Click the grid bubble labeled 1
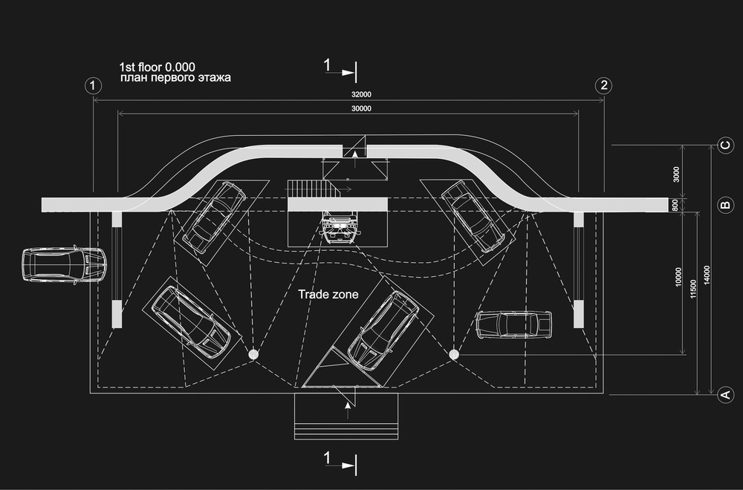pyautogui.click(x=93, y=85)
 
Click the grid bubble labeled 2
pyautogui.click(x=603, y=85)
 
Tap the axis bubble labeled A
pyautogui.click(x=725, y=394)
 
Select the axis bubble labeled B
pyautogui.click(x=725, y=205)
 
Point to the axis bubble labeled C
pyautogui.click(x=725, y=145)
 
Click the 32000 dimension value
pyautogui.click(x=361, y=94)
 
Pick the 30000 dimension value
pyautogui.click(x=361, y=108)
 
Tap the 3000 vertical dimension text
pyautogui.click(x=676, y=174)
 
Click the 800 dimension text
pyautogui.click(x=675, y=205)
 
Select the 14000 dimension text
pyautogui.click(x=707, y=275)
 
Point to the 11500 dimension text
pyautogui.click(x=693, y=289)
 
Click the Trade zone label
pyautogui.click(x=328, y=294)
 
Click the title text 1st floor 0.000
pyautogui.click(x=157, y=67)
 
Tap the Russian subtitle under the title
pyautogui.click(x=175, y=78)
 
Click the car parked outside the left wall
pyautogui.click(x=64, y=264)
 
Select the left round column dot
pyautogui.click(x=253, y=354)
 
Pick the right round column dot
pyautogui.click(x=454, y=354)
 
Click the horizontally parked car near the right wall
pyautogui.click(x=514, y=324)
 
